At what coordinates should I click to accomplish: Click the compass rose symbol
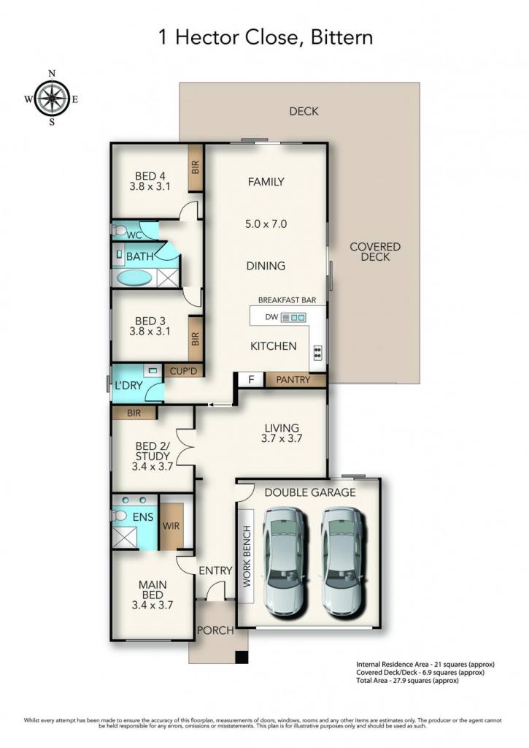pyautogui.click(x=52, y=98)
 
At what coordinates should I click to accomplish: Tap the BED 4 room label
pyautogui.click(x=150, y=176)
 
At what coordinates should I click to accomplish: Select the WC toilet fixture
pyautogui.click(x=119, y=231)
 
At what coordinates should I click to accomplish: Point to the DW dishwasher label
pyautogui.click(x=271, y=317)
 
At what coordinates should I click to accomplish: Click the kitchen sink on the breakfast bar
pyautogui.click(x=293, y=317)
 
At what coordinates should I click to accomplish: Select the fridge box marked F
pyautogui.click(x=251, y=380)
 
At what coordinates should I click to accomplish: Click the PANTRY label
pyautogui.click(x=293, y=380)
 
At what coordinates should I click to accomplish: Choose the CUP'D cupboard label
pyautogui.click(x=183, y=370)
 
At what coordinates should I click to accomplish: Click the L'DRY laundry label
pyautogui.click(x=128, y=386)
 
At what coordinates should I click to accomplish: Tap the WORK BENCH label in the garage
pyautogui.click(x=247, y=556)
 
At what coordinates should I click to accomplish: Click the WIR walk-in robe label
pyautogui.click(x=171, y=526)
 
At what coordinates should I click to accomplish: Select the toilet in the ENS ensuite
pyautogui.click(x=119, y=516)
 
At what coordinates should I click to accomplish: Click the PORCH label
pyautogui.click(x=215, y=630)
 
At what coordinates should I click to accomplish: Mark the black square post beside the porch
pyautogui.click(x=242, y=657)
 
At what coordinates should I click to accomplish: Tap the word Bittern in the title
pyautogui.click(x=341, y=38)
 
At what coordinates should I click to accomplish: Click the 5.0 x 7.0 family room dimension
pyautogui.click(x=266, y=224)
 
